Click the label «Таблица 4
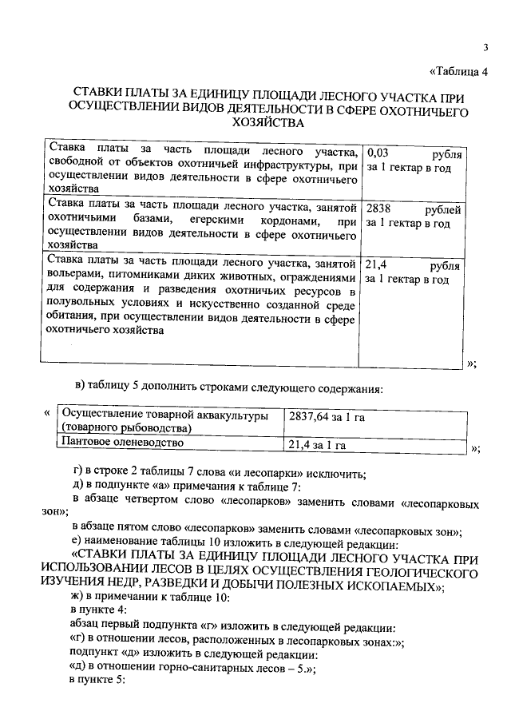(458, 71)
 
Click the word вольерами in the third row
(73, 278)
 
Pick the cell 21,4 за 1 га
(316, 444)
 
